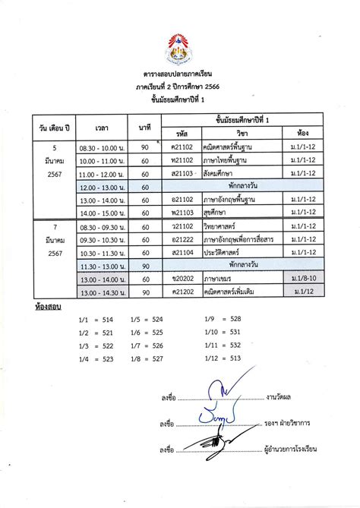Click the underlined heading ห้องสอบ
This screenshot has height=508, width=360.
pyautogui.click(x=48, y=308)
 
